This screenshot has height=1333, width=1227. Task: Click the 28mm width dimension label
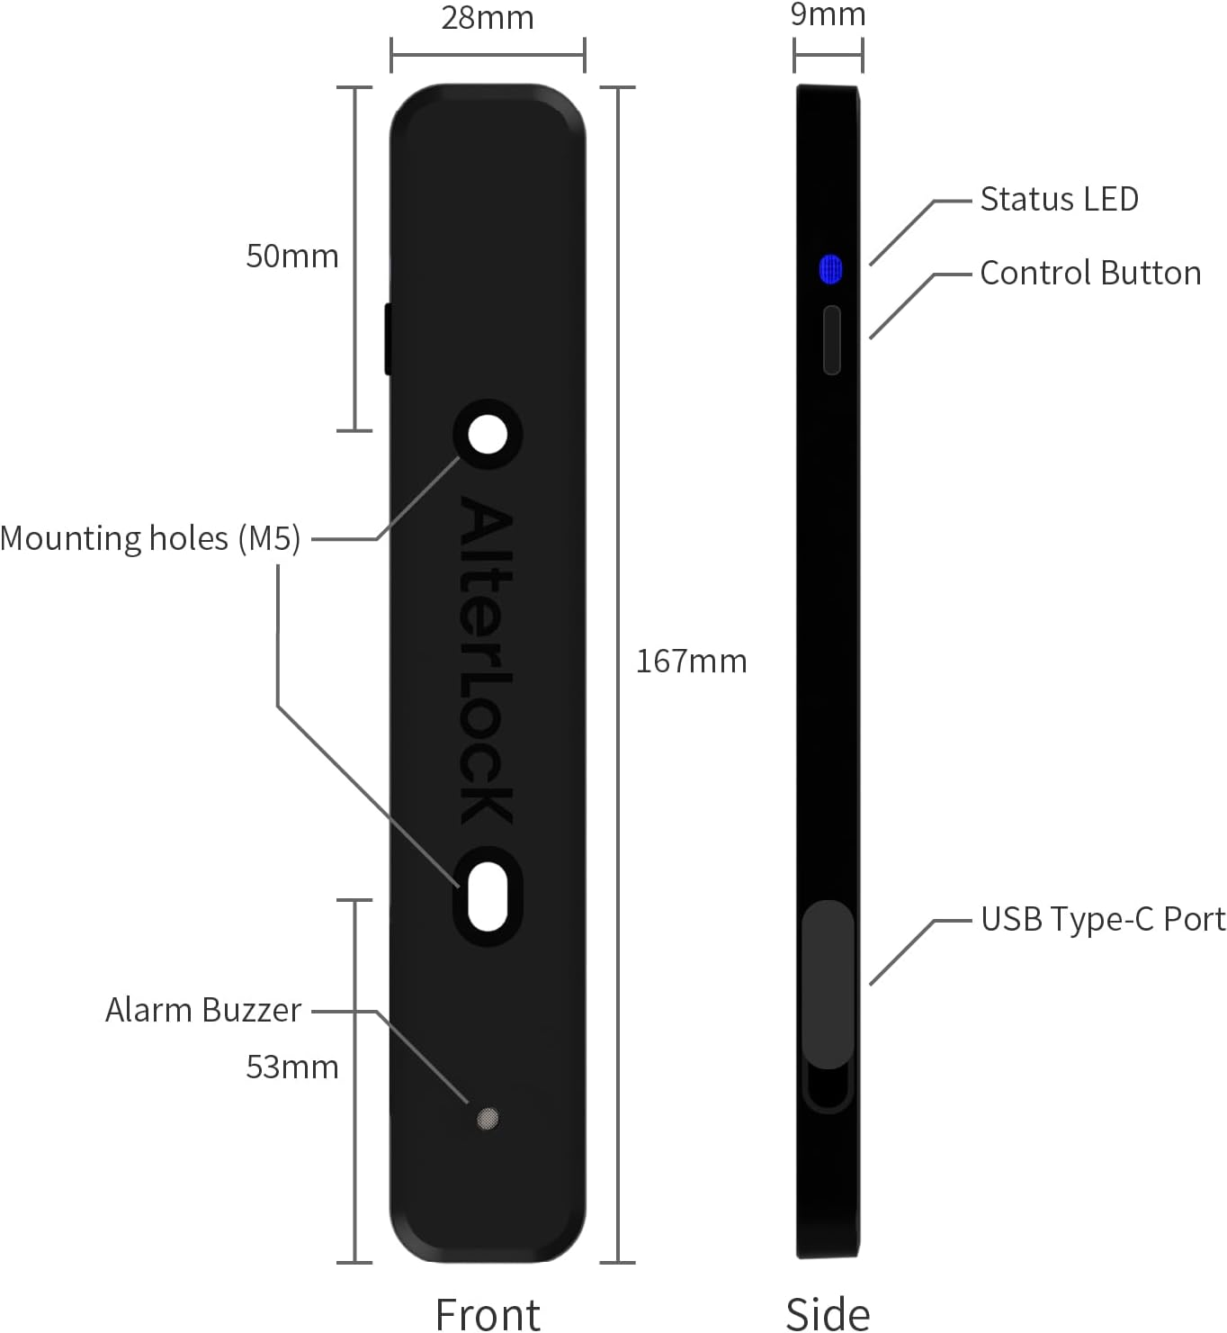[x=487, y=18]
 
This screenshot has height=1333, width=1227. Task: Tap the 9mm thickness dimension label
[x=828, y=14]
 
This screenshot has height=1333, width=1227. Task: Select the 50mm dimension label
[x=292, y=257]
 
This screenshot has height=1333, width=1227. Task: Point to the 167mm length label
[x=691, y=662]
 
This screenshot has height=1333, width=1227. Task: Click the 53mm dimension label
[x=292, y=1067]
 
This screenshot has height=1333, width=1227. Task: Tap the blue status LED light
[x=830, y=269]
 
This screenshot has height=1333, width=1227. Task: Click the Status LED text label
[x=1059, y=199]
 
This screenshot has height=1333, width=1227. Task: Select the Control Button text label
[x=1090, y=273]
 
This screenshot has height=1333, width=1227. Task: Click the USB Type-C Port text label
[x=1103, y=919]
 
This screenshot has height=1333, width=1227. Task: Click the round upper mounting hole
[x=488, y=435]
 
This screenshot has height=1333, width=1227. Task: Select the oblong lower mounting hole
[x=488, y=896]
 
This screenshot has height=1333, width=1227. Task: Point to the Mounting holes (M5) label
[x=150, y=538]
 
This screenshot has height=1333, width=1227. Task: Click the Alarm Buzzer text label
[x=202, y=1010]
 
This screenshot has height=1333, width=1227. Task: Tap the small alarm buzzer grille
[x=487, y=1119]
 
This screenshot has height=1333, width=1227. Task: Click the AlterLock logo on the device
[x=487, y=662]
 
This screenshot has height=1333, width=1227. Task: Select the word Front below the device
[x=488, y=1313]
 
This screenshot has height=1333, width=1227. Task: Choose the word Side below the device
[x=828, y=1313]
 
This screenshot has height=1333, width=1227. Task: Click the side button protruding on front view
[x=388, y=338]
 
